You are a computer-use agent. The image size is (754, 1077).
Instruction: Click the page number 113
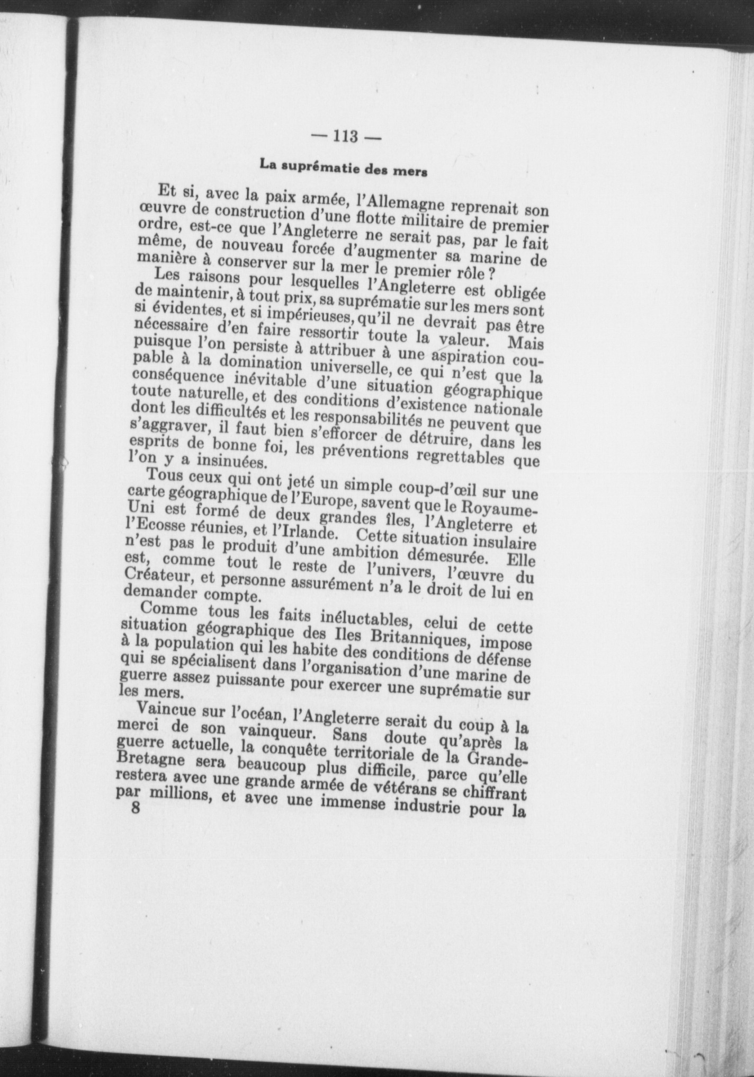tap(346, 136)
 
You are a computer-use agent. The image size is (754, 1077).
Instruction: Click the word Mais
tap(525, 344)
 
